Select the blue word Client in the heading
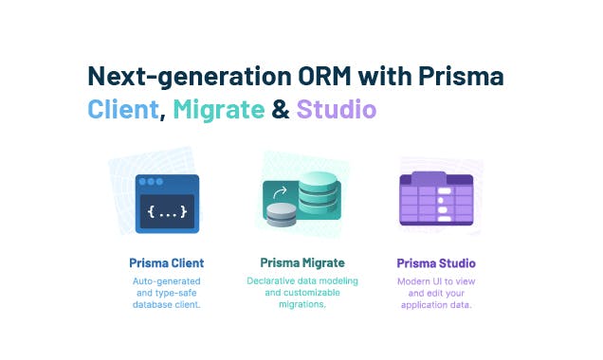[121, 110]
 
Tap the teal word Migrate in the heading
[219, 110]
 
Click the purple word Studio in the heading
[337, 110]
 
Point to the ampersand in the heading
[281, 110]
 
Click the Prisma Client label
[167, 262]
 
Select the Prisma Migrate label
[301, 262]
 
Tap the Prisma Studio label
[436, 262]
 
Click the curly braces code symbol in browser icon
[167, 212]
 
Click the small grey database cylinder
[281, 216]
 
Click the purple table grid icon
[436, 205]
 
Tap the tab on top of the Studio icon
[429, 178]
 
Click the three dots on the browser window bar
[149, 181]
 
